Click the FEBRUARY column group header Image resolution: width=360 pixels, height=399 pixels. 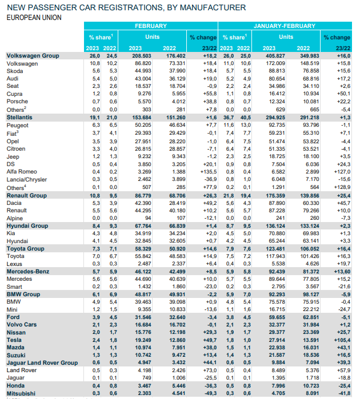coord(151,26)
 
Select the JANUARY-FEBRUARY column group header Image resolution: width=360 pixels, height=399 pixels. coord(284,26)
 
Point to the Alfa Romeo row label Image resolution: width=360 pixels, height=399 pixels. coord(22,171)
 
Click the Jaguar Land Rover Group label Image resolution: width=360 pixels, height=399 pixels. coord(42,363)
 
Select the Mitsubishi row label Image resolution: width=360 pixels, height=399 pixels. coord(21,393)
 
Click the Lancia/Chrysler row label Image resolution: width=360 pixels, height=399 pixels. coord(27,179)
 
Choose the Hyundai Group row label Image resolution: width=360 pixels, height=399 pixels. coord(27,225)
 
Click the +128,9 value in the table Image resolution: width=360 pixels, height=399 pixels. coord(341,187)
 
